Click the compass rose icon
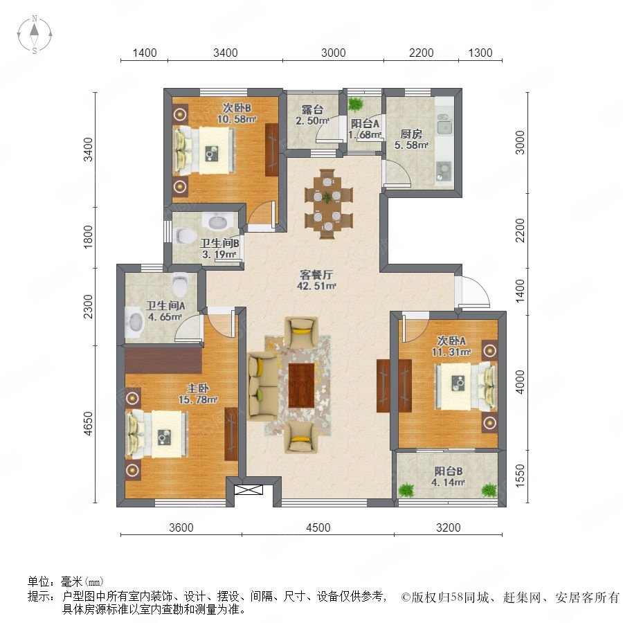(35, 35)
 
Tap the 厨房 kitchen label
(410, 134)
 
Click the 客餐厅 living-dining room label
(316, 275)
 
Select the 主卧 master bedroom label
(198, 388)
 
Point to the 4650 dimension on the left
(88, 424)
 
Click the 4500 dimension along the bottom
(318, 527)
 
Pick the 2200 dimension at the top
(421, 53)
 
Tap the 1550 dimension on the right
(520, 476)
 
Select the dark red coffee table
(301, 386)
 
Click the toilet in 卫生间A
(180, 284)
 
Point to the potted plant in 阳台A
(355, 105)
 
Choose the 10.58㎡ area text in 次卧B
(237, 119)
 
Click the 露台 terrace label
(312, 109)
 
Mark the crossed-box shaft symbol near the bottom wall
(249, 489)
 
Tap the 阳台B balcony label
(448, 471)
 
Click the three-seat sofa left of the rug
(262, 386)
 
